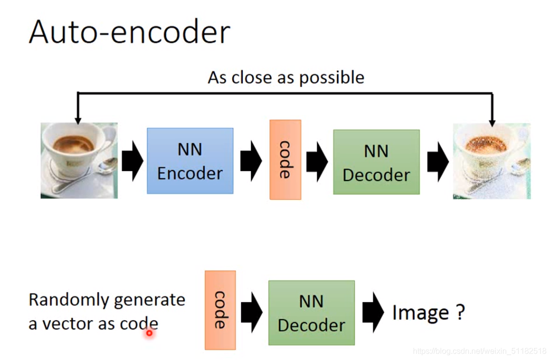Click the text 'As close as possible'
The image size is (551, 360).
[286, 78]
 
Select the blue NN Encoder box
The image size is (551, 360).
[190, 161]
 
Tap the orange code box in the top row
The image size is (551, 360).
[285, 160]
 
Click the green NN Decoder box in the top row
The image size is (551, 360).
[376, 162]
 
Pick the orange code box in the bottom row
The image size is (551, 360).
[220, 310]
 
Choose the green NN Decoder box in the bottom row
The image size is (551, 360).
[311, 313]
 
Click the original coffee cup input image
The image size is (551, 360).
[79, 160]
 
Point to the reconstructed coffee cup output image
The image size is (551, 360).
[492, 161]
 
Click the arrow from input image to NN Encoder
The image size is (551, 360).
[132, 161]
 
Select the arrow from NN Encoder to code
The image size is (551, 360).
[251, 161]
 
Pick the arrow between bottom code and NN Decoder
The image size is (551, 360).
[251, 312]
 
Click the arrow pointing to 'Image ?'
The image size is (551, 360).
[373, 312]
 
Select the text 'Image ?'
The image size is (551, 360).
[428, 313]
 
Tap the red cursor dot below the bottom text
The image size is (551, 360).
[149, 333]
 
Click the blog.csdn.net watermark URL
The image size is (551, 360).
[479, 351]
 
